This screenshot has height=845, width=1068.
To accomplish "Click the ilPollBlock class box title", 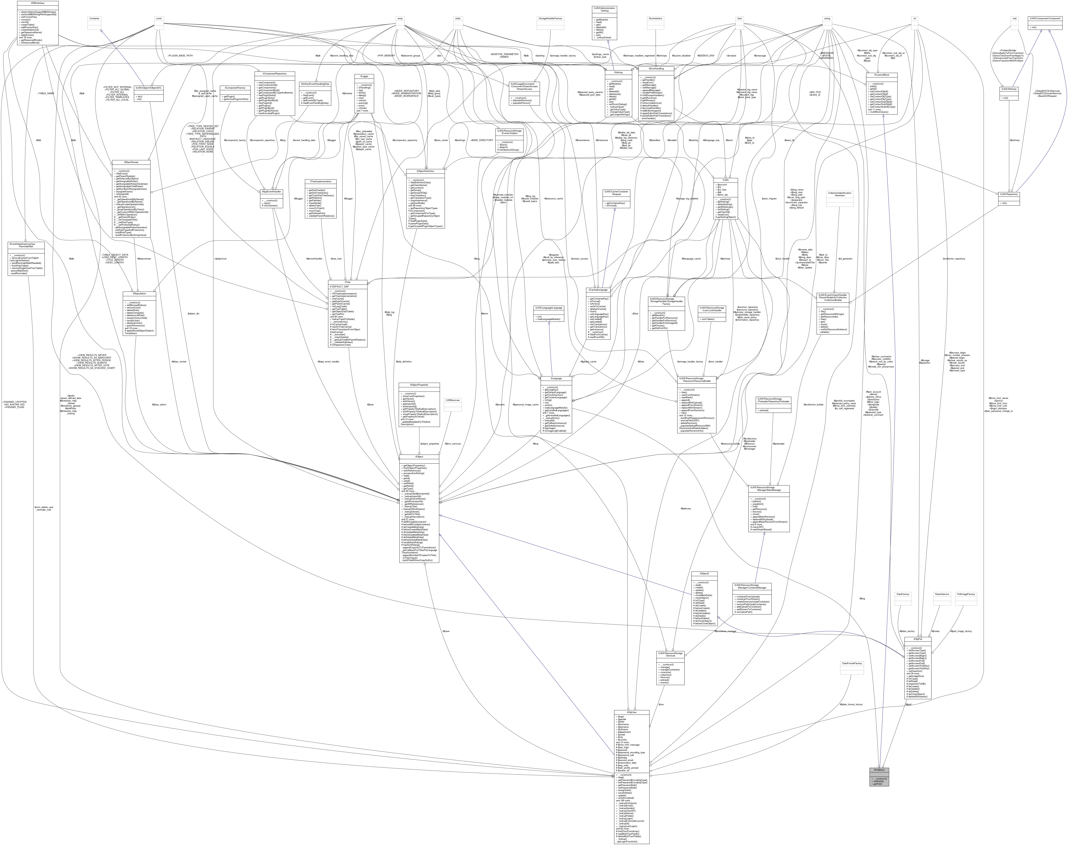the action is (879, 770).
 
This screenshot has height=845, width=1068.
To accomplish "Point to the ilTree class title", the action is (348, 282).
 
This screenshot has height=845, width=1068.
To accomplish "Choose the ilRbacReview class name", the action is (131, 162).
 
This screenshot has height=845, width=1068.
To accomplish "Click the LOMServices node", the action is (452, 400).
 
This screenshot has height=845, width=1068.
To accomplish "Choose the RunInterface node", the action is (655, 18).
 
